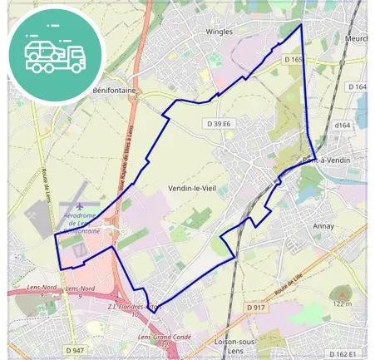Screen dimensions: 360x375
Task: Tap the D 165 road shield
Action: pyautogui.click(x=294, y=60)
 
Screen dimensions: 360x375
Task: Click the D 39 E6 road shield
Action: pyautogui.click(x=218, y=124)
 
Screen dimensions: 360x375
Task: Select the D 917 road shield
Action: pyautogui.click(x=255, y=308)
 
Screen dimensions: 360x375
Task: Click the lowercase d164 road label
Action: pyautogui.click(x=342, y=126)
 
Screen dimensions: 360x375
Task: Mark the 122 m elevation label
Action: pyautogui.click(x=342, y=303)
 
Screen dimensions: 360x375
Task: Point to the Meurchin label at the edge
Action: pyautogui.click(x=355, y=37)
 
